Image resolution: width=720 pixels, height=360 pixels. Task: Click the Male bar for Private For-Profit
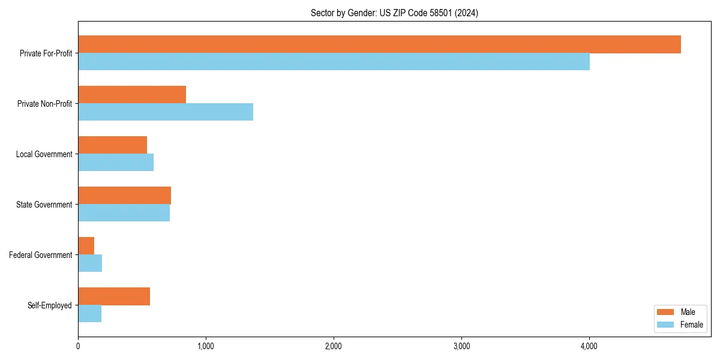(379, 44)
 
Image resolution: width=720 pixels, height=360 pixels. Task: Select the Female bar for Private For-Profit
(334, 62)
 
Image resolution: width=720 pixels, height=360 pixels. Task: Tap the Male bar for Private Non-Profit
(132, 95)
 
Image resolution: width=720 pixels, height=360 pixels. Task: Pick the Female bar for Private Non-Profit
(166, 112)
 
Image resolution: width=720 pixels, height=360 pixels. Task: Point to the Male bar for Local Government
(112, 145)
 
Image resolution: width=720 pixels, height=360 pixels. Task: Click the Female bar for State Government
(124, 213)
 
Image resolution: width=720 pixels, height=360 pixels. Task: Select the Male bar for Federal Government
(86, 246)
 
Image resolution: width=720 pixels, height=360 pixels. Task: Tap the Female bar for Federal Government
(90, 263)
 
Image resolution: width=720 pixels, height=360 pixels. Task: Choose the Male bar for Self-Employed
(114, 296)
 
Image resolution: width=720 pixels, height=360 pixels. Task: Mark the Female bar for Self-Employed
(89, 314)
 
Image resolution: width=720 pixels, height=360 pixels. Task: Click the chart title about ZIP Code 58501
(394, 13)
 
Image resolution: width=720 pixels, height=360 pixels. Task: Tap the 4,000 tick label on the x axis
(589, 346)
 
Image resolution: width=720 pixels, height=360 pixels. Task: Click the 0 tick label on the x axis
(78, 346)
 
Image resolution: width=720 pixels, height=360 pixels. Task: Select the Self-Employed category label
(50, 305)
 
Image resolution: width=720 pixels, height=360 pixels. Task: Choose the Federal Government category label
(41, 255)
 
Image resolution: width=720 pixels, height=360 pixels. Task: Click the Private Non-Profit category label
(45, 104)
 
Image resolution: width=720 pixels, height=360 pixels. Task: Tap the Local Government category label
(44, 154)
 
